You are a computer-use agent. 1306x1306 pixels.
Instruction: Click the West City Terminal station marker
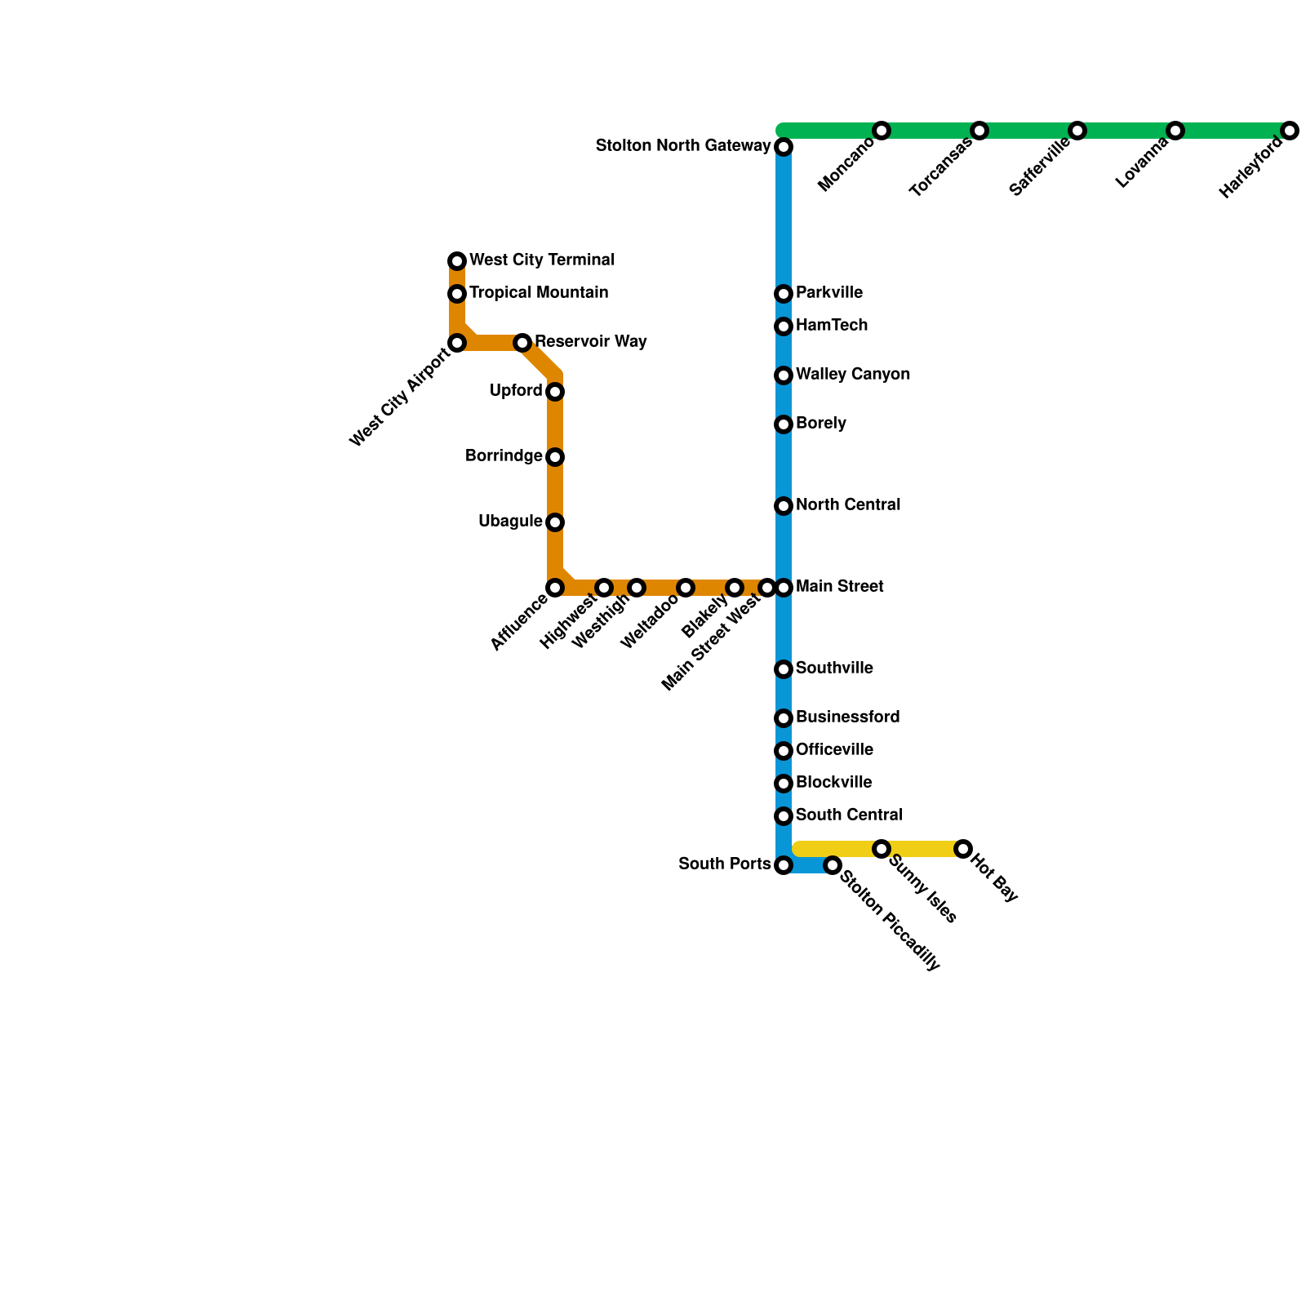(x=457, y=261)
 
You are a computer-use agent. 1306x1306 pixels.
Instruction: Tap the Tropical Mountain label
(x=538, y=293)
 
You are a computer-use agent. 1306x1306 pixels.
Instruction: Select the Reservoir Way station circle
(x=522, y=343)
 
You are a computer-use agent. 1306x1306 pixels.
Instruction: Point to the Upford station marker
(x=555, y=392)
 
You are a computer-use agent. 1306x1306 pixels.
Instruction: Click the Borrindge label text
(x=504, y=456)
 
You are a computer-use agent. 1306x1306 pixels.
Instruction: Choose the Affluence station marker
(x=555, y=588)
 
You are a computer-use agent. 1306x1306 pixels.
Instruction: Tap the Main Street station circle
(x=784, y=588)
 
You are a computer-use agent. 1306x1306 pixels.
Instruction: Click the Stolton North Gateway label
(x=683, y=146)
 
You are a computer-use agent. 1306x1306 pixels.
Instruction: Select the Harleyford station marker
(x=1290, y=131)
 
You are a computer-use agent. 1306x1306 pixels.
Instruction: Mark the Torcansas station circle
(x=979, y=131)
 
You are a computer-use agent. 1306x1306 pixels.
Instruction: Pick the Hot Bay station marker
(x=963, y=849)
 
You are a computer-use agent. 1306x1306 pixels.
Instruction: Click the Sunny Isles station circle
(x=882, y=849)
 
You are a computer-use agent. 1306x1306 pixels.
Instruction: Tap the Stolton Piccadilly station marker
(x=833, y=865)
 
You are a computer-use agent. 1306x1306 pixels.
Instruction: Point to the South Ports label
(x=724, y=864)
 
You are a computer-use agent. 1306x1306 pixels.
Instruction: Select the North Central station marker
(x=784, y=506)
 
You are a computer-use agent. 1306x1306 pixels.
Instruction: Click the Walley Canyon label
(x=853, y=375)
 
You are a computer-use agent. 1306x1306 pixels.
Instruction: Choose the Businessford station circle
(x=784, y=718)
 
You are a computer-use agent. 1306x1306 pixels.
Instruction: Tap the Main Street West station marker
(x=766, y=588)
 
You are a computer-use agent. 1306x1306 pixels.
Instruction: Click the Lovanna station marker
(x=1175, y=131)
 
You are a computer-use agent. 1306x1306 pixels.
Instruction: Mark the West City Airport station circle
(x=457, y=343)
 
